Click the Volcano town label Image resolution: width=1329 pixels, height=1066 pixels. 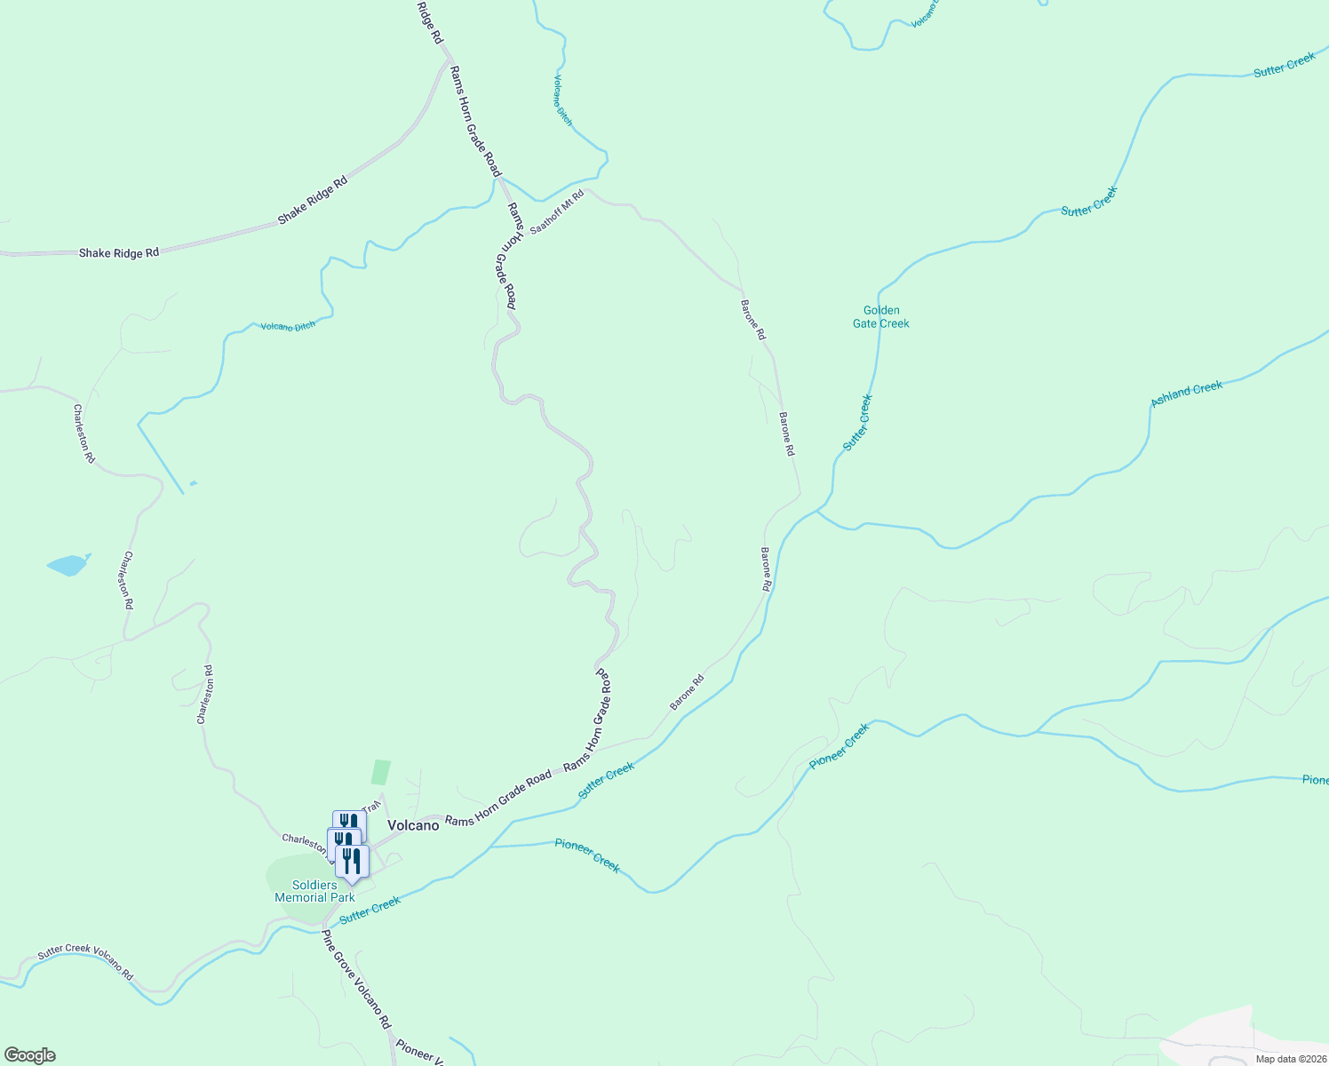(x=413, y=825)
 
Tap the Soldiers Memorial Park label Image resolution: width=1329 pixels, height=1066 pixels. (x=314, y=891)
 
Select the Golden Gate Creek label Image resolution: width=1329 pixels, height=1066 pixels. (x=881, y=317)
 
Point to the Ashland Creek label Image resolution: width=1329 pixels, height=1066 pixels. (x=1186, y=394)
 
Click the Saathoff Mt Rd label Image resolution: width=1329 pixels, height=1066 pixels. (x=557, y=212)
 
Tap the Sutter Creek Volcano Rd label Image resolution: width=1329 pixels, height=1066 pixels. (x=85, y=961)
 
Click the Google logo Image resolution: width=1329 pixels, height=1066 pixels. (x=29, y=1055)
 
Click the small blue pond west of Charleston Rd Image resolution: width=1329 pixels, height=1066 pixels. (x=68, y=564)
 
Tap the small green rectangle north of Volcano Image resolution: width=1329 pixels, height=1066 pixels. (x=380, y=771)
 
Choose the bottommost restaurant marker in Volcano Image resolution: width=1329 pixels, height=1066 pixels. (x=353, y=862)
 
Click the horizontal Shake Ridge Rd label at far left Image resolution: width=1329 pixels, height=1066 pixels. (x=119, y=253)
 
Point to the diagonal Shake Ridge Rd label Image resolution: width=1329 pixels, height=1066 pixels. (x=312, y=200)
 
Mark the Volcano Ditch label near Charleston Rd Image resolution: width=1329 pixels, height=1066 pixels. (x=288, y=326)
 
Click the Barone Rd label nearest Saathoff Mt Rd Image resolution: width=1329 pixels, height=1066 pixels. (x=752, y=320)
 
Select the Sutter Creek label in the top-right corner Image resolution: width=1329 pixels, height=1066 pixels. (x=1284, y=65)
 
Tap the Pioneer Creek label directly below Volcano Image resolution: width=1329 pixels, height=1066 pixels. (x=587, y=855)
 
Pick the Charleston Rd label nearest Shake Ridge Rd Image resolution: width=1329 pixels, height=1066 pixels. (x=84, y=434)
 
